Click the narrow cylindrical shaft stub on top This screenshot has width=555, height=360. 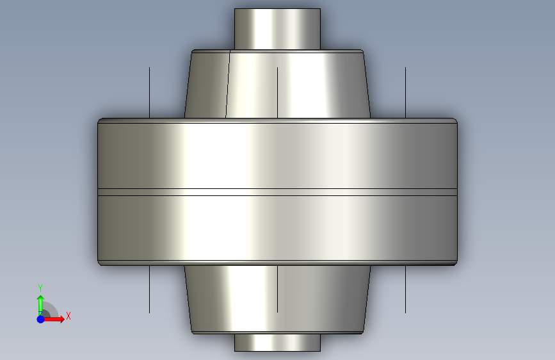278,29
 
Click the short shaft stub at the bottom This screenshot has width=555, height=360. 278,342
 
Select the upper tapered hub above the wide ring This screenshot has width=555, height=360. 278,84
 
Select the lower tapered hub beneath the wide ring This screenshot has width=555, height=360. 278,299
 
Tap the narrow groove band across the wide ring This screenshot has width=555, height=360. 278,192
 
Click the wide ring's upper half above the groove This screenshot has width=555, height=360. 278,154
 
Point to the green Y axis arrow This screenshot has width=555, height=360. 40,305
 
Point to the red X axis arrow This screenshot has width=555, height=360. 53,319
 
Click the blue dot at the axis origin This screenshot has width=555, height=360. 40,319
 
